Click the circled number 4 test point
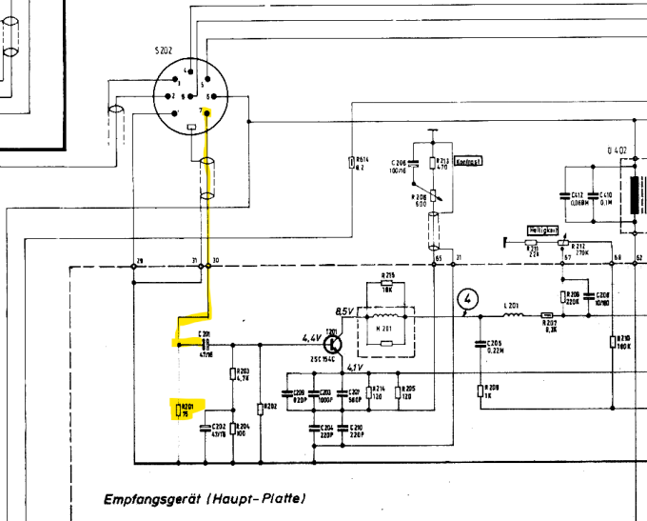point(467,300)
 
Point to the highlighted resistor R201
point(178,411)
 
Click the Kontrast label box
point(468,161)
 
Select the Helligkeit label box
point(541,230)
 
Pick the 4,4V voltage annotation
point(312,338)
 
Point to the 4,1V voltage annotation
point(354,368)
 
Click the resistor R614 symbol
point(352,163)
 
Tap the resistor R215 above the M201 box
point(386,284)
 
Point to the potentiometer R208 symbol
point(433,196)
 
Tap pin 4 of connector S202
point(187,72)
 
